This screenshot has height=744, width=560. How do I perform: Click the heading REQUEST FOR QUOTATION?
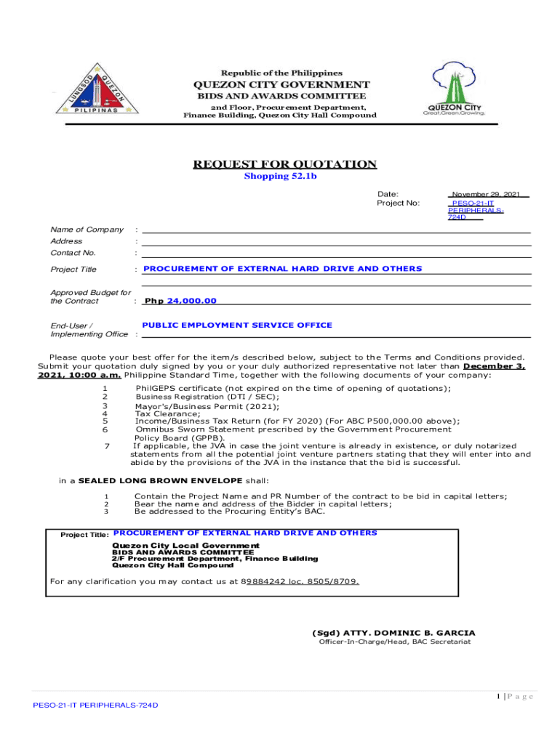coord(284,164)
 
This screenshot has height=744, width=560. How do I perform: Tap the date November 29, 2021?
coord(486,194)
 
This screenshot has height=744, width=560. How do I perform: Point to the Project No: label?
coord(398,203)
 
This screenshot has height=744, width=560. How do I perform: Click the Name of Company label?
coord(87,230)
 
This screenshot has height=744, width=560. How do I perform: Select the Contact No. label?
coord(73,253)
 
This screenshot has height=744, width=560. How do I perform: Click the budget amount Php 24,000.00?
coord(180,301)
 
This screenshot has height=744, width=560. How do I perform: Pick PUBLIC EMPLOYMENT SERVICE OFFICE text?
coord(237,325)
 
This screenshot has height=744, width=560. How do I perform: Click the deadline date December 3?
coord(495,366)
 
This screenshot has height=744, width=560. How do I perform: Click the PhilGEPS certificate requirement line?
coord(293,388)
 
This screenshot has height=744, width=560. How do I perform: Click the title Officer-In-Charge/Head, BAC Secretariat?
coord(395,642)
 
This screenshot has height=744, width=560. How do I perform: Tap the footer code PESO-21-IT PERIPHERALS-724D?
coord(95,705)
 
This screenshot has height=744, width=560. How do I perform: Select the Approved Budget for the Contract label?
coord(90,296)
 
